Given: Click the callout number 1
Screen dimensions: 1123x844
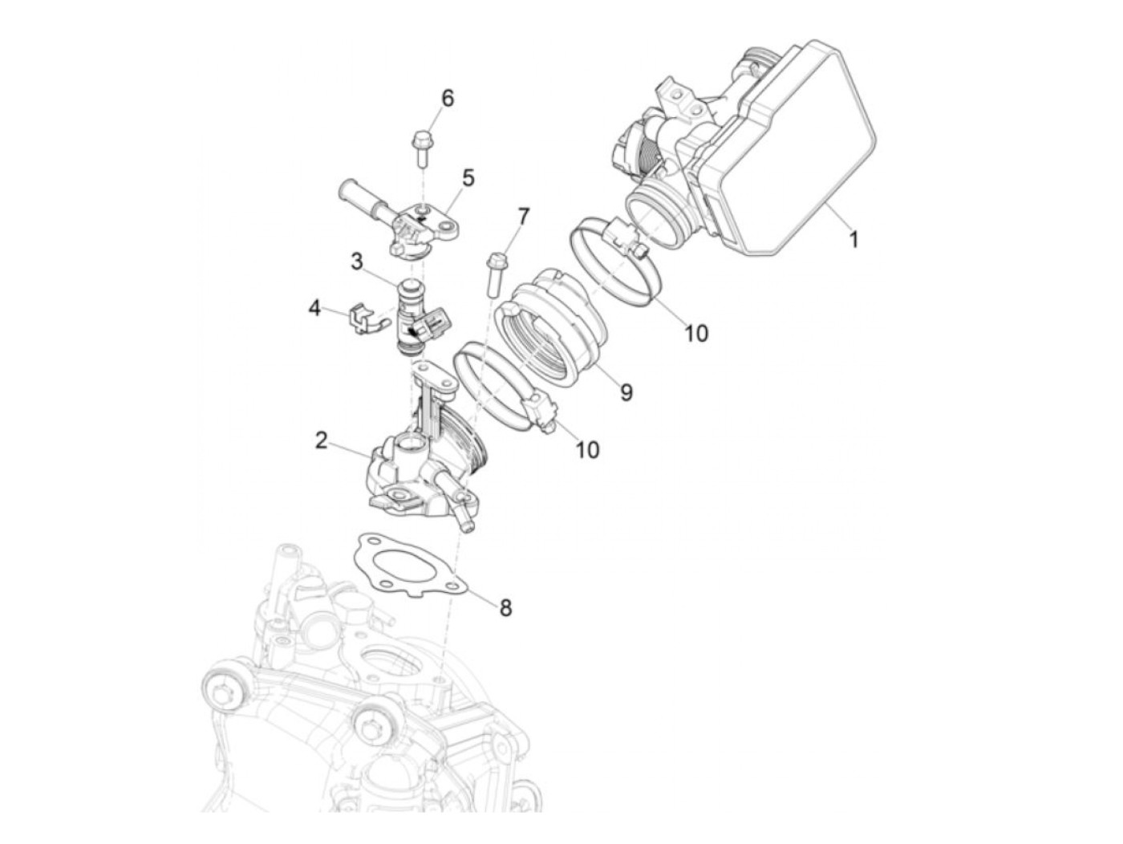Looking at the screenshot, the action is coord(853,239).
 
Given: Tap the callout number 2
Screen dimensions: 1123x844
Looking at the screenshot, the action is coord(322,440).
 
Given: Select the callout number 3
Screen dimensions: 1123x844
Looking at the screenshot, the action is coord(357,261).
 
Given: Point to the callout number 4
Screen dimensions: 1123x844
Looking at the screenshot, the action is coord(315,308).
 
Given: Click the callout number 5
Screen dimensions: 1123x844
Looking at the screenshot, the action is coord(468,178).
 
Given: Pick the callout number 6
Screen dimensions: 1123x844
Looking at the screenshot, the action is coord(448,99).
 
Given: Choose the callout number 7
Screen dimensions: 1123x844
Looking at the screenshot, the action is coord(523,217).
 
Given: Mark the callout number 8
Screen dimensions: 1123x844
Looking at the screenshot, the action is coord(505,608).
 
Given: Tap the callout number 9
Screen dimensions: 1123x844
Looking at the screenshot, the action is coord(626,392).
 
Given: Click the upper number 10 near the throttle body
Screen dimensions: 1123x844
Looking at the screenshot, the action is coord(696,332).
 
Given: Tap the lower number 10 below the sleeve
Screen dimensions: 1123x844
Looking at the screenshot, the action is coord(587,449).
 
